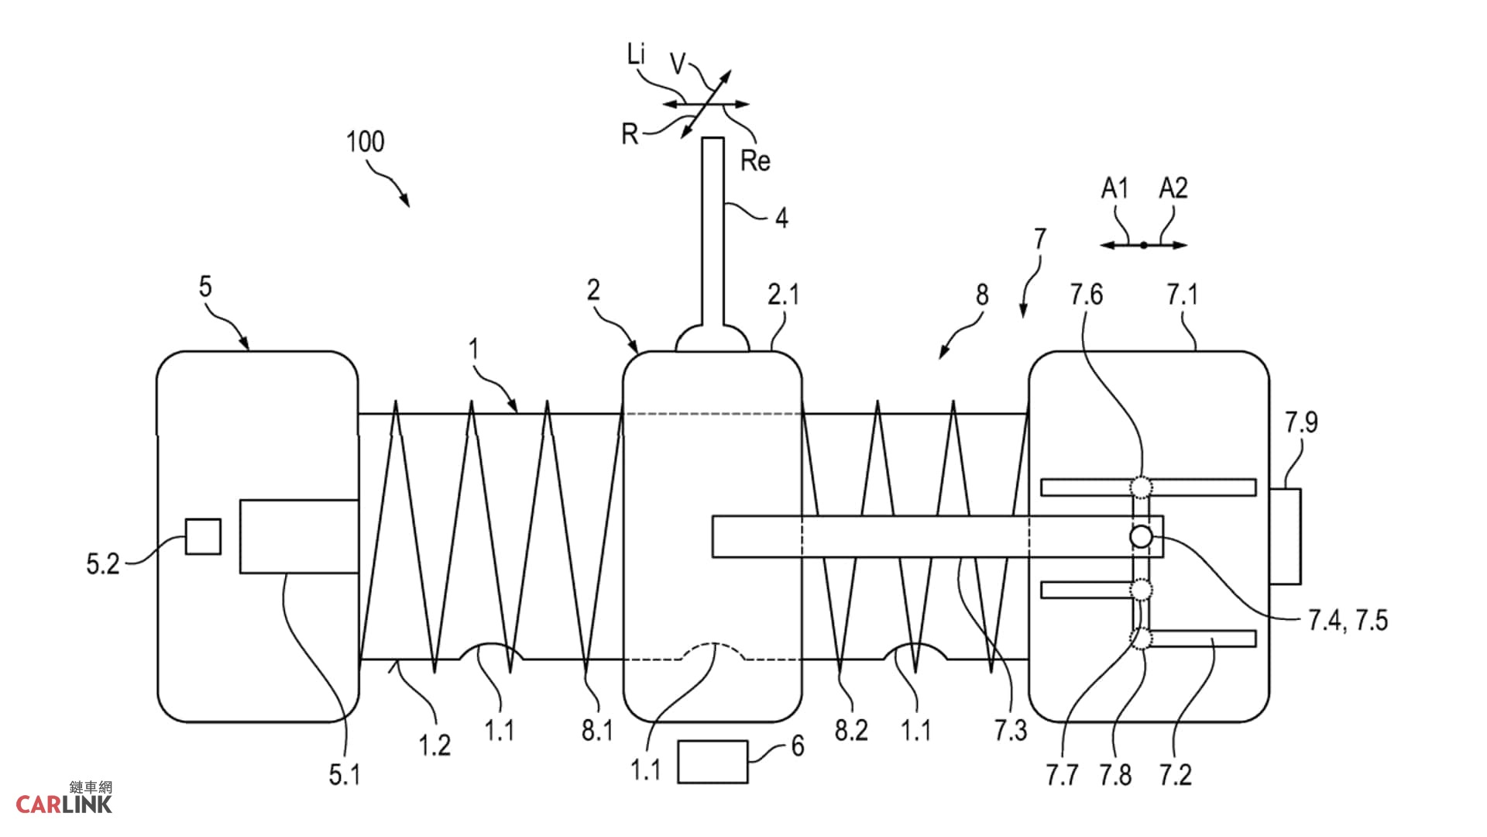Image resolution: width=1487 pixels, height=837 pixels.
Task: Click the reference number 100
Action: [365, 142]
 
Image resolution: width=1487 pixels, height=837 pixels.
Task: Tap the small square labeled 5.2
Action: [203, 536]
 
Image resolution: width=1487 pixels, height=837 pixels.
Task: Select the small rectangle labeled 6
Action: [713, 762]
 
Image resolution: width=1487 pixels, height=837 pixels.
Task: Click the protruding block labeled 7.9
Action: [1285, 536]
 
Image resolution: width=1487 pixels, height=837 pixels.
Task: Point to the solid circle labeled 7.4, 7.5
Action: [1141, 536]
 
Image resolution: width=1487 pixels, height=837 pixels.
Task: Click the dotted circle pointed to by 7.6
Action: [1141, 487]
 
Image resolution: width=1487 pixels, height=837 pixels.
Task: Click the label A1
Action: [1115, 188]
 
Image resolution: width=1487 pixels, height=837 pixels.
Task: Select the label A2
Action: [1173, 188]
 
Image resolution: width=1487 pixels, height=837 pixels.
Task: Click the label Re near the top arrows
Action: [755, 161]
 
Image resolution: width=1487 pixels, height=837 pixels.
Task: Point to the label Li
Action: [636, 54]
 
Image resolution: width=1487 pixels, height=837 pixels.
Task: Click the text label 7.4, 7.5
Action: [1348, 621]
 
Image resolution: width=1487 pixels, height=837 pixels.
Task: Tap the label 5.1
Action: [345, 774]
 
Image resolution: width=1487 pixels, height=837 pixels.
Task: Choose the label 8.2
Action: [851, 730]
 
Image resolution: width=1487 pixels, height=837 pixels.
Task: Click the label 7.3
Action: [1011, 730]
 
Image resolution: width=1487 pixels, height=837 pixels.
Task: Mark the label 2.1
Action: [783, 294]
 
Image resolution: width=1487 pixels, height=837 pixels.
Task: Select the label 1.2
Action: [434, 746]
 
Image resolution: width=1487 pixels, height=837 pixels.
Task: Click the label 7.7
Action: [1062, 774]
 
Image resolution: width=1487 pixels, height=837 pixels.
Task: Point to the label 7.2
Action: [1175, 774]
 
